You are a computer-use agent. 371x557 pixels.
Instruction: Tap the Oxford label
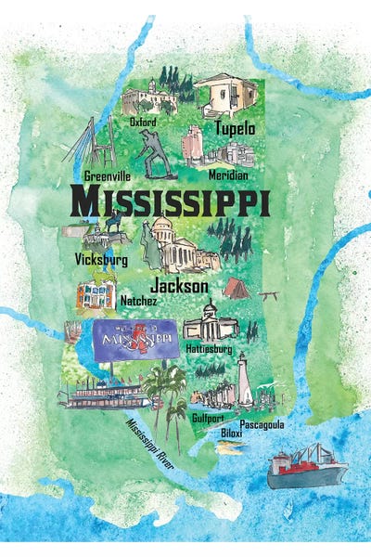[143, 121]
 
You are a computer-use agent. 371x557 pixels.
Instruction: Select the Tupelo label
[236, 127]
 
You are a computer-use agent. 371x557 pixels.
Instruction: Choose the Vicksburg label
[101, 262]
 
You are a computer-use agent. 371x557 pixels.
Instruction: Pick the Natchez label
[140, 301]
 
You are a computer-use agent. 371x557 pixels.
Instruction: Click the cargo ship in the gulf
[302, 466]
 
